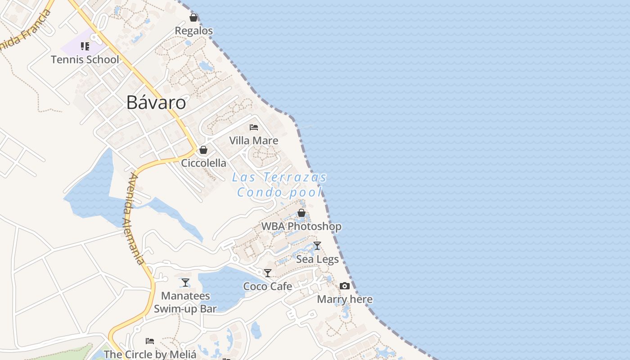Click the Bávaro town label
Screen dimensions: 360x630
tap(156, 103)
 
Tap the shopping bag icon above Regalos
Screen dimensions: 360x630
tap(193, 18)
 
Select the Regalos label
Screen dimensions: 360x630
tap(193, 31)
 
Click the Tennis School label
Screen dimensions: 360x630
tap(85, 59)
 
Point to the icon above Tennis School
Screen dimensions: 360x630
tap(85, 46)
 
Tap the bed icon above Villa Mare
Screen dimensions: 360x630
tap(254, 127)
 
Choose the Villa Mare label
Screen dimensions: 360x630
tap(254, 140)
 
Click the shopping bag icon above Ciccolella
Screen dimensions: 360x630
tap(203, 150)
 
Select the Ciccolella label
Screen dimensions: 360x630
tap(203, 163)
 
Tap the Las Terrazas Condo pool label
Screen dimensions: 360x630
tap(279, 184)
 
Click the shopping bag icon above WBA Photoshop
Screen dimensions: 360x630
tap(301, 213)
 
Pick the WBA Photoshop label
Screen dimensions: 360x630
tap(301, 226)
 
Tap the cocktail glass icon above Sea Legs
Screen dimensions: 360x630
tap(317, 246)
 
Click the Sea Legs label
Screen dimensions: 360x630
tap(317, 259)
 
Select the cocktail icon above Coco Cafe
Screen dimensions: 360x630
tap(268, 273)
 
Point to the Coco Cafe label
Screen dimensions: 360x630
tap(268, 286)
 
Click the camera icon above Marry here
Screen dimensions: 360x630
tap(345, 286)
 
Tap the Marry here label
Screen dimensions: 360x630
tap(345, 299)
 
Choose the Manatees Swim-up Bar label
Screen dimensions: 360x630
tap(185, 302)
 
